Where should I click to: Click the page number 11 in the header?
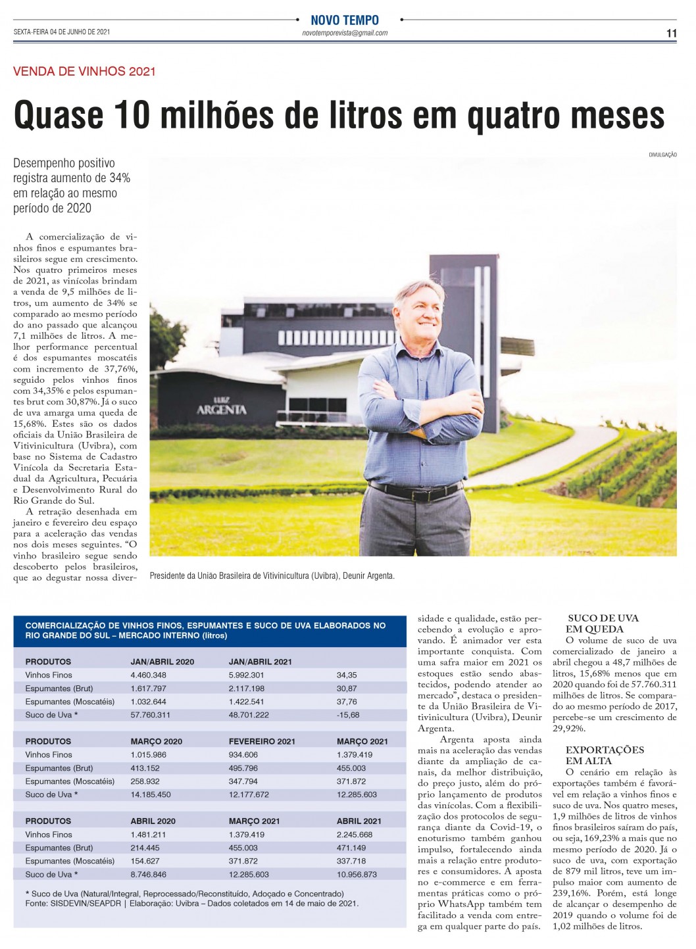pyautogui.click(x=671, y=34)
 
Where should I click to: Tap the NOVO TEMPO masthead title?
pyautogui.click(x=345, y=20)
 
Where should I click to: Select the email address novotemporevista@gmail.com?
pyautogui.click(x=345, y=33)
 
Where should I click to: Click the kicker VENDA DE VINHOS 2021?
pyautogui.click(x=84, y=72)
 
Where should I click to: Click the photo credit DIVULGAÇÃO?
pyautogui.click(x=662, y=155)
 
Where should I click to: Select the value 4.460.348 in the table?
pyautogui.click(x=148, y=675)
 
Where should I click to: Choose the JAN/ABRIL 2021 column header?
pyautogui.click(x=260, y=662)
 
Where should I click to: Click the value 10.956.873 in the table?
pyautogui.click(x=357, y=875)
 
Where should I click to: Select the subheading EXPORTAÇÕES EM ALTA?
pyautogui.click(x=605, y=755)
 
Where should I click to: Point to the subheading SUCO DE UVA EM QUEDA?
pyautogui.click(x=603, y=623)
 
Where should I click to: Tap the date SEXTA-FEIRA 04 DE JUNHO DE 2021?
pyautogui.click(x=61, y=32)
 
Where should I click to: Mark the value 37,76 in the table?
pyautogui.click(x=346, y=702)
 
